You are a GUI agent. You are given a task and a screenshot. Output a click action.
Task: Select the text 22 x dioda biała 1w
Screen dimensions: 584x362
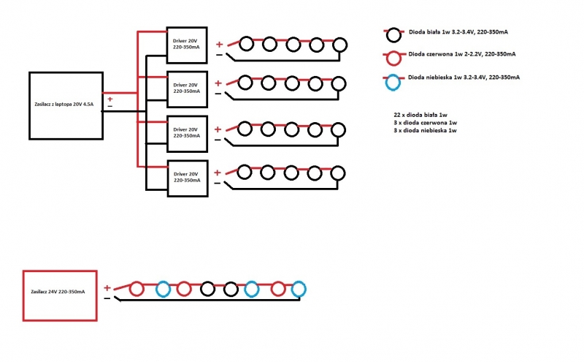tap(420, 115)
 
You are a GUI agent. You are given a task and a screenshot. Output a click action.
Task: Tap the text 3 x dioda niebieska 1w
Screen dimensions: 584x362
tap(425, 131)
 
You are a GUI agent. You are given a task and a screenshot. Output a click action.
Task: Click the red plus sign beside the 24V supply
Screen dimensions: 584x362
tap(107, 287)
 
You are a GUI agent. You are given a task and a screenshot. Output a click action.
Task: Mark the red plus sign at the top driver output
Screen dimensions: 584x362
tap(220, 45)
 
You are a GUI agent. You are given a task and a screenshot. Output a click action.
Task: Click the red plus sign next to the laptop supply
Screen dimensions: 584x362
tap(110, 99)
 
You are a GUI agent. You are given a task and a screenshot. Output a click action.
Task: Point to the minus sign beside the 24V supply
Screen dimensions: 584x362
tap(107, 298)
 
